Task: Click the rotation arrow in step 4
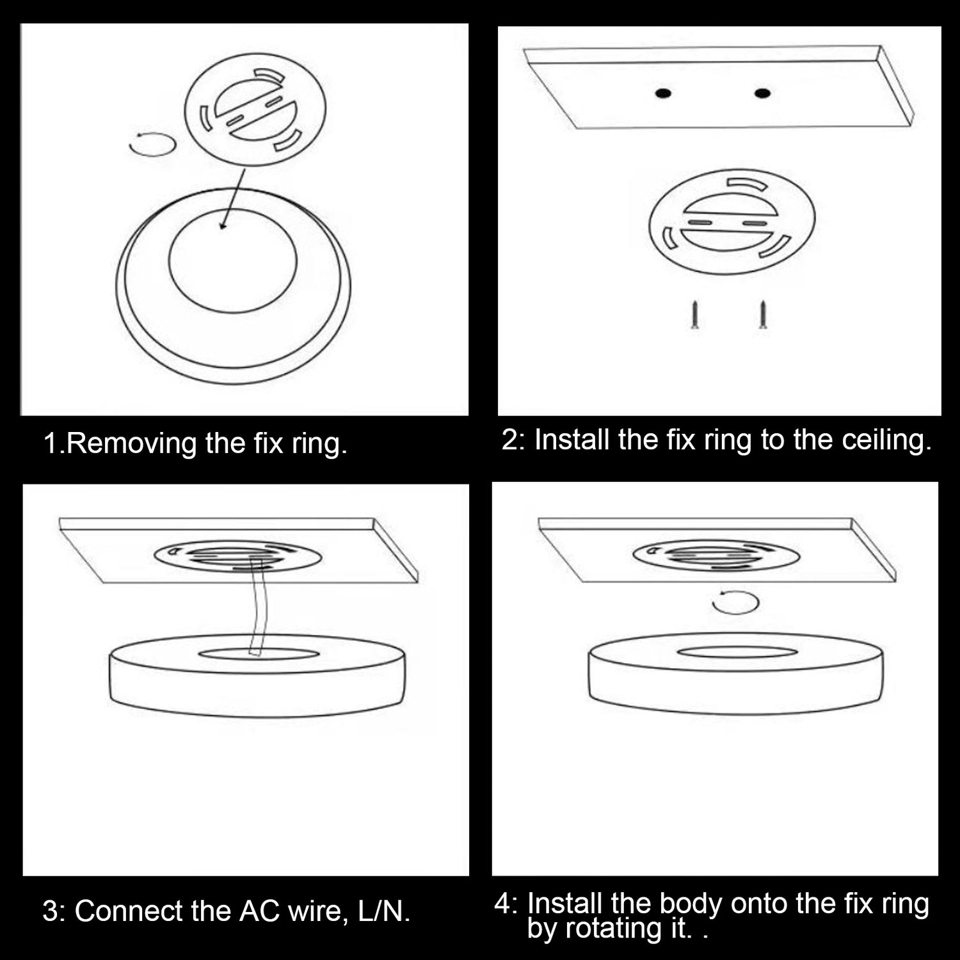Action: tap(735, 593)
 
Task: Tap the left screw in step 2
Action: tap(696, 314)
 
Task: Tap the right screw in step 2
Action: tap(762, 314)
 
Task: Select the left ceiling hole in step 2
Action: tap(663, 94)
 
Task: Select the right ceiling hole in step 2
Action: tap(762, 93)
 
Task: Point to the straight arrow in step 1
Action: tap(232, 198)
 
